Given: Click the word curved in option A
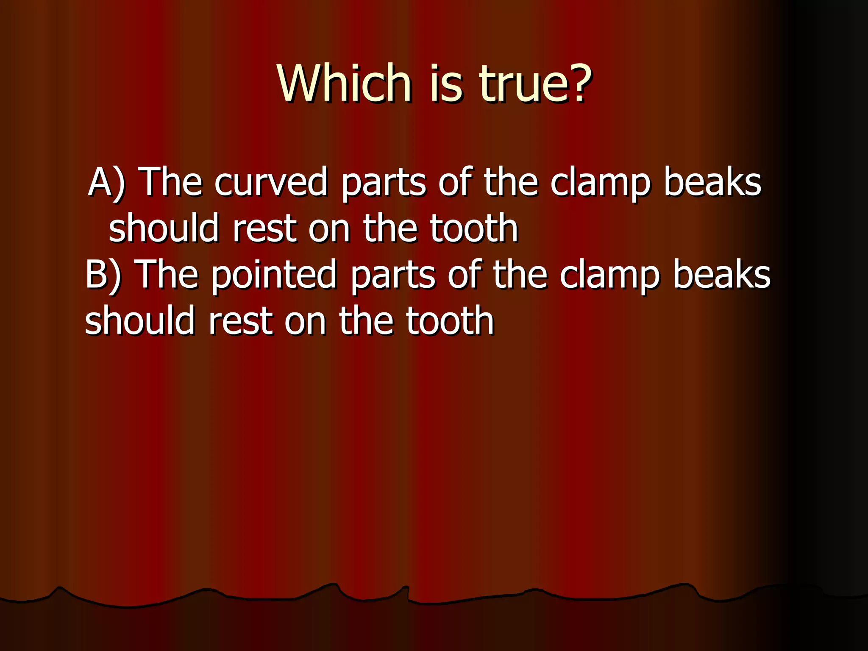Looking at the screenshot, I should coord(271,182).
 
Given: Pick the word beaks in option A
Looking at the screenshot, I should coord(712,182).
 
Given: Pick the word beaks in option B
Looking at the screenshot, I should coord(722,275).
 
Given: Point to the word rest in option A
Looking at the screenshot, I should coord(264,229).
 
